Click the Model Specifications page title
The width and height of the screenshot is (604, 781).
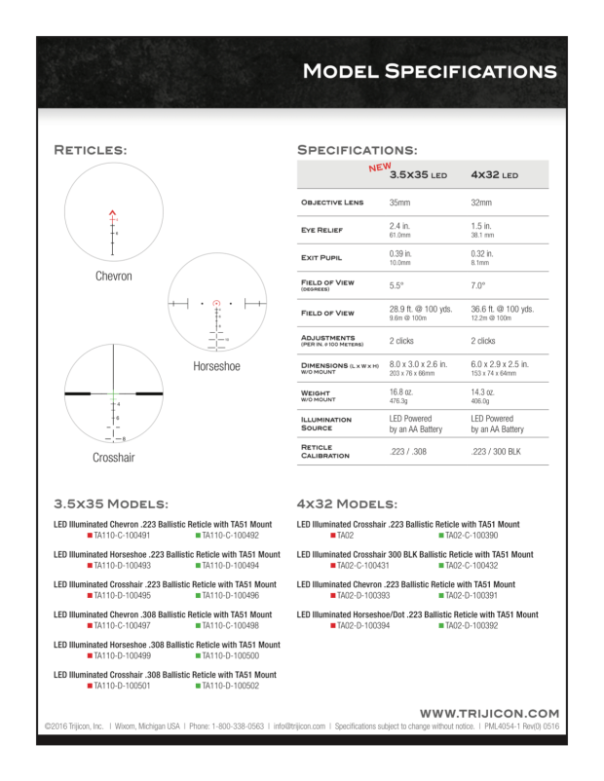click(x=429, y=71)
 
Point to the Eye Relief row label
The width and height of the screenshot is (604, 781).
click(x=324, y=230)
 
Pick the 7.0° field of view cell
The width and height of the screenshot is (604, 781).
click(x=479, y=286)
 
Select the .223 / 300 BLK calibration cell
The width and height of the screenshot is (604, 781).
click(x=498, y=452)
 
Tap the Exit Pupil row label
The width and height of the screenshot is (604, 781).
click(x=323, y=258)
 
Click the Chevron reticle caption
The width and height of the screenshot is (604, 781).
click(x=113, y=277)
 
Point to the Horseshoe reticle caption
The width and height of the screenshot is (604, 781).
click(x=217, y=366)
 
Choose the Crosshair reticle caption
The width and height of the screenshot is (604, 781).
click(x=113, y=457)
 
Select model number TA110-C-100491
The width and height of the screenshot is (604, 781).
click(x=122, y=536)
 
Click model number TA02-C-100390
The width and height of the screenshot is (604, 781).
click(x=472, y=536)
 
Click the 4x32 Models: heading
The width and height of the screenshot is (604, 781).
click(x=347, y=504)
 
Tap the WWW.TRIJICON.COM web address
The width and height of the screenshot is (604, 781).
click(x=489, y=713)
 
